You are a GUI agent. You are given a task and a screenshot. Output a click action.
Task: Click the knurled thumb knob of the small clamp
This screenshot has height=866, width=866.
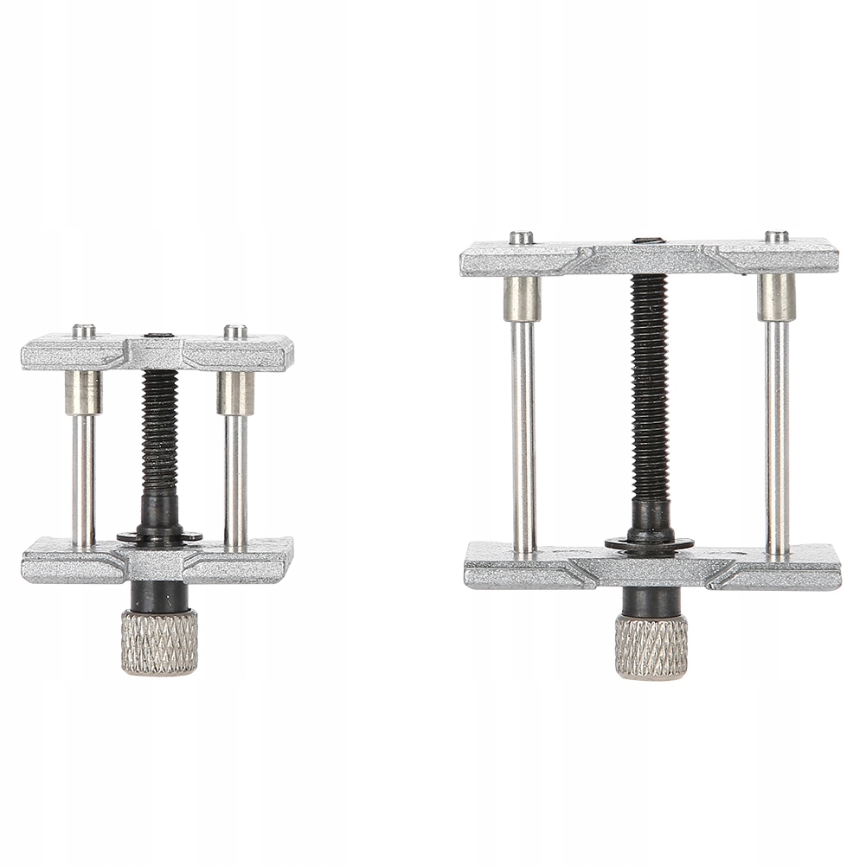(158, 642)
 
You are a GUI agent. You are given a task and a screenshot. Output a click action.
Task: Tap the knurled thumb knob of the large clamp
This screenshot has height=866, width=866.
(651, 646)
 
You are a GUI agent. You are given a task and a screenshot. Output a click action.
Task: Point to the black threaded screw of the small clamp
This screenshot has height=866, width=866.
(159, 428)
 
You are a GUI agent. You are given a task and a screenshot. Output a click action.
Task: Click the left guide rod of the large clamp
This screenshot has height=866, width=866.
(523, 433)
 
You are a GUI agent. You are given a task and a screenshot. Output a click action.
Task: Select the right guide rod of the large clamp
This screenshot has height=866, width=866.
(777, 433)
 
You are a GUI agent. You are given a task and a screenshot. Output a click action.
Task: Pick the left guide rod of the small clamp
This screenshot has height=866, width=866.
(83, 480)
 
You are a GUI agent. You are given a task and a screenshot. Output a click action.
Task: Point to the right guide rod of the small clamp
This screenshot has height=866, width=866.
(235, 480)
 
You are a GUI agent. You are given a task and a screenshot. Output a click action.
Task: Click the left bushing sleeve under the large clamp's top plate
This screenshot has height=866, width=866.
(522, 298)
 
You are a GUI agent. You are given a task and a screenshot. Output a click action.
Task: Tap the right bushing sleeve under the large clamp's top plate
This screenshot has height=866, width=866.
(777, 297)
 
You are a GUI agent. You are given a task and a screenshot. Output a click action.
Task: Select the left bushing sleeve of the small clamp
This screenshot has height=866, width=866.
(83, 393)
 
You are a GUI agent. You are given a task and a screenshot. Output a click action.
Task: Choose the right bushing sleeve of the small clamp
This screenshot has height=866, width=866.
(235, 393)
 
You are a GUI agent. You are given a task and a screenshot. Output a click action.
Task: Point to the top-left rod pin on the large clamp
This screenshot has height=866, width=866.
(521, 237)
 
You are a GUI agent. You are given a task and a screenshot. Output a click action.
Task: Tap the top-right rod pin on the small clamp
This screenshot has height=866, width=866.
(235, 330)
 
